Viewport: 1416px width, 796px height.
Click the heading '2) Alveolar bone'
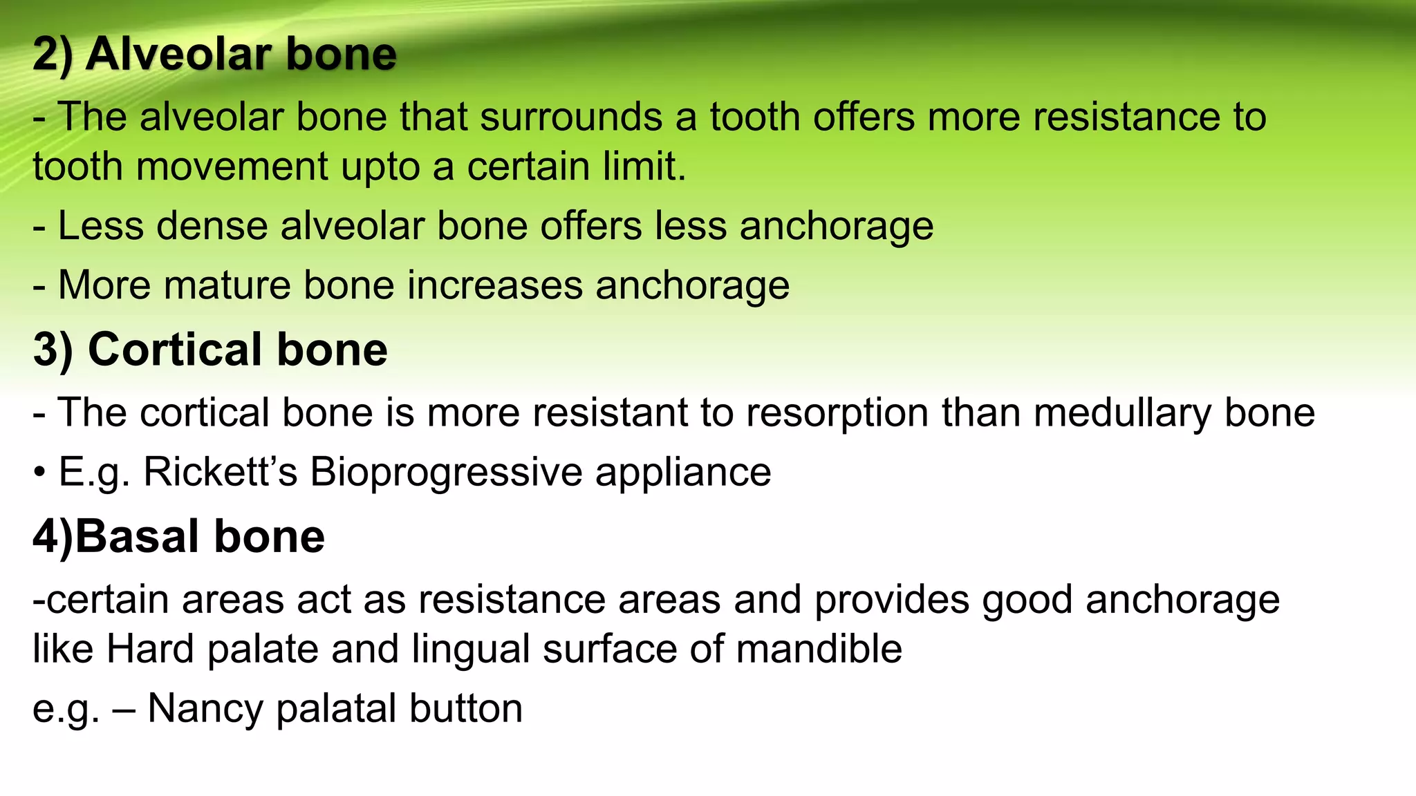[214, 54]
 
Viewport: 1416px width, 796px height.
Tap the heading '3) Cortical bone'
[210, 349]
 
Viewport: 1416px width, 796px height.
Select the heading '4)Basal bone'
[178, 536]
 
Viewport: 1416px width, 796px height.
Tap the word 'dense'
[212, 225]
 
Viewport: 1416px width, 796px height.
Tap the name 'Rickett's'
[220, 472]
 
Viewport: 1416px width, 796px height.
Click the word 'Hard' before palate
[149, 649]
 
